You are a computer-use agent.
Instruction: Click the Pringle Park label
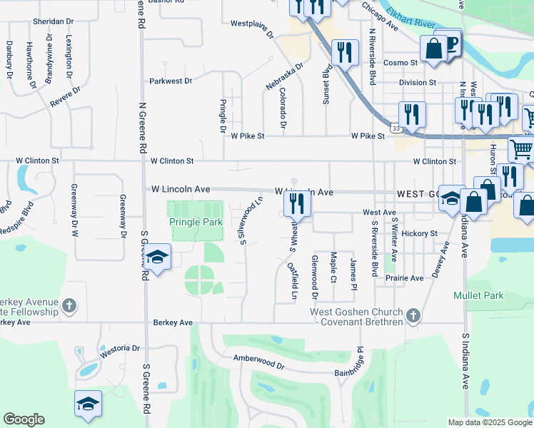pos(196,222)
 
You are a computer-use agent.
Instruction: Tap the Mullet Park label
pos(478,295)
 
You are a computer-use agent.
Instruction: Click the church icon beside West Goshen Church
pos(412,315)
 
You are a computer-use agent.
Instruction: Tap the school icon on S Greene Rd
pos(157,258)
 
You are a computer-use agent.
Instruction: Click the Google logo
pos(24,419)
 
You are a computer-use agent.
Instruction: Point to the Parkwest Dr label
pos(171,81)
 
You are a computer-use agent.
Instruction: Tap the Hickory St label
pos(419,233)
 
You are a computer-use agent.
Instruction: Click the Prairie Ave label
pos(406,277)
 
